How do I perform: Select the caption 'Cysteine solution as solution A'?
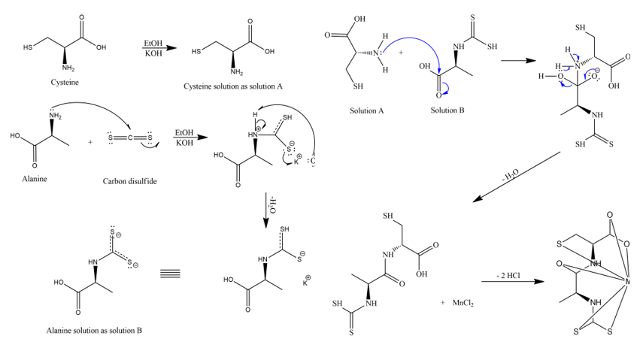(233, 86)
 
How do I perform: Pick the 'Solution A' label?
(367, 110)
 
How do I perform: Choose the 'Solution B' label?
(448, 110)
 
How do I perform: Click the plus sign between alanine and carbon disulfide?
(89, 141)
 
